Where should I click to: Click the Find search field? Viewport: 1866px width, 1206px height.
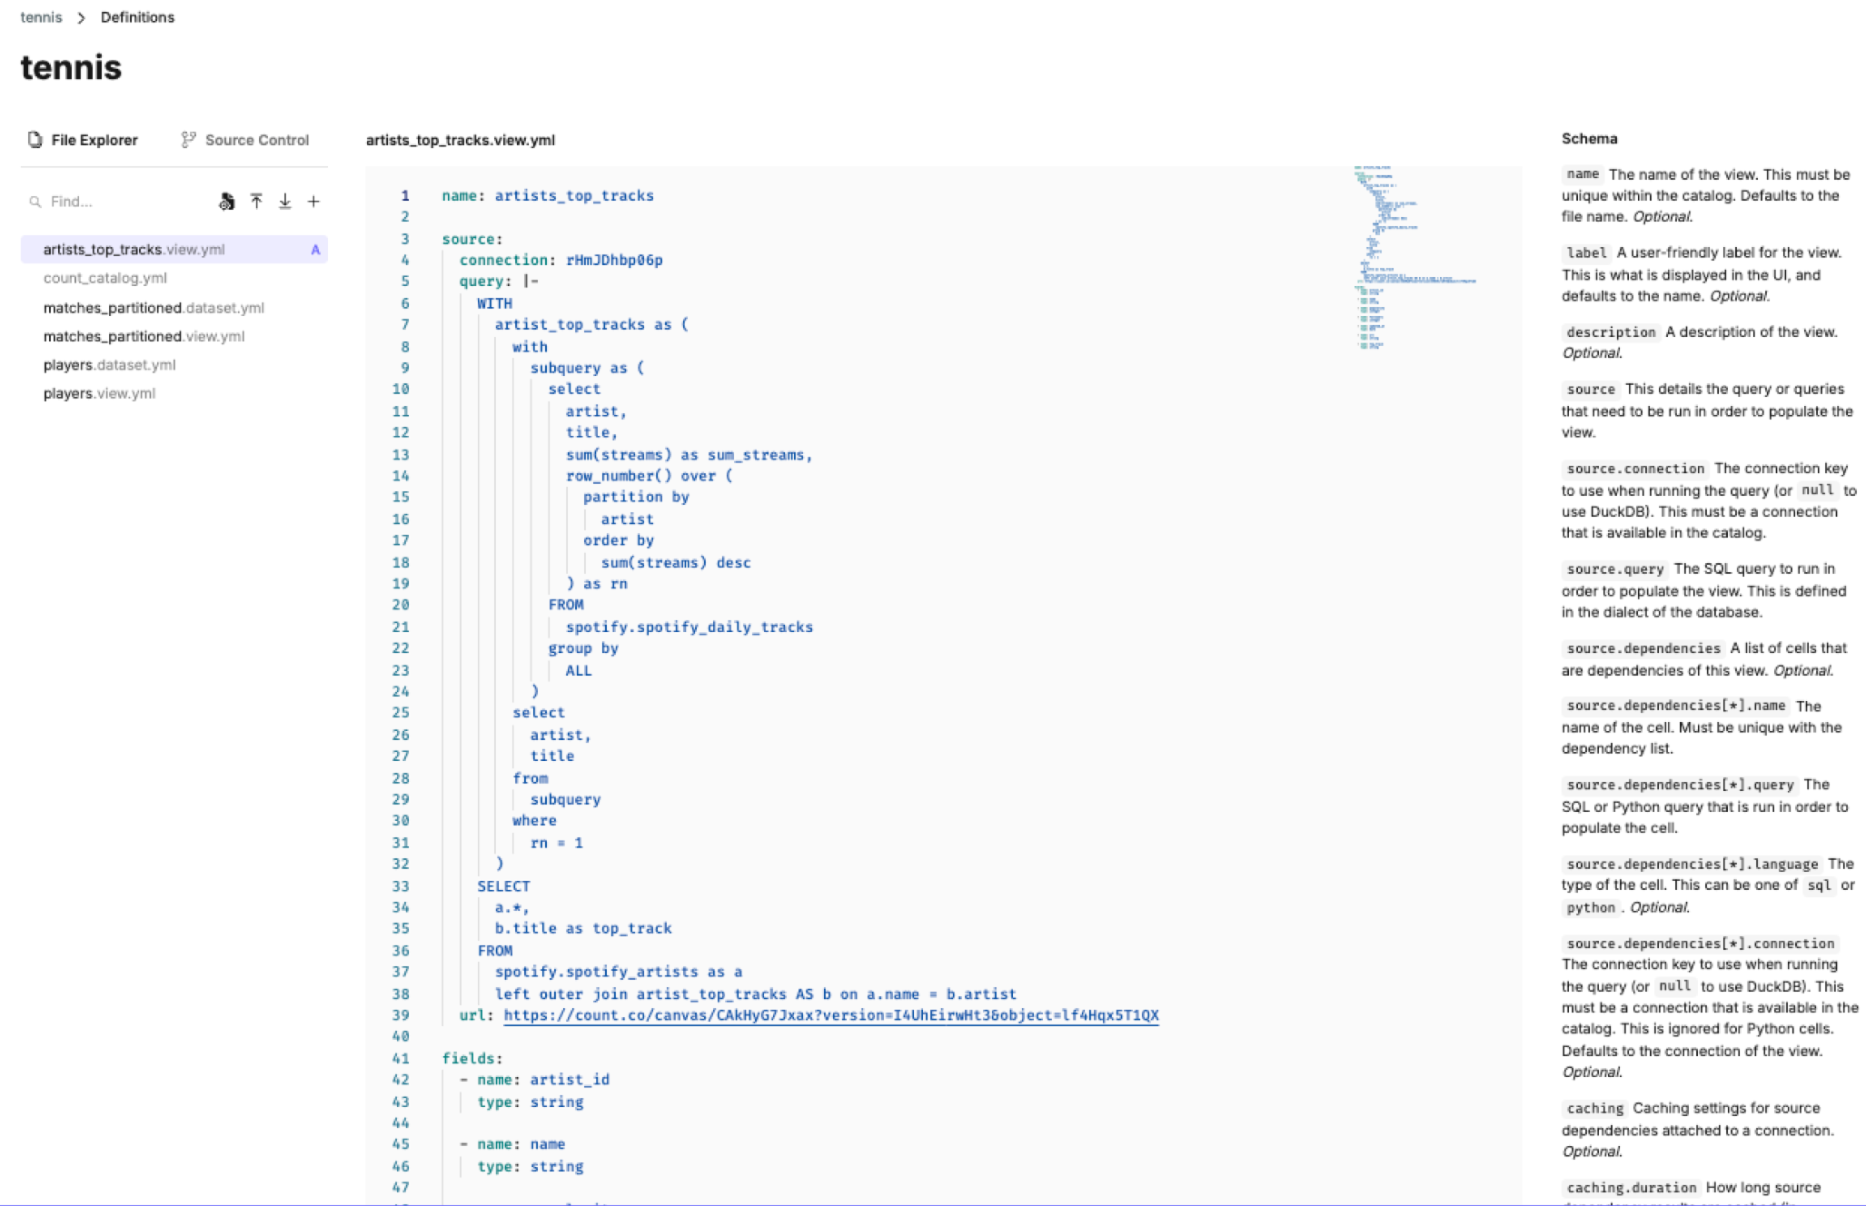tap(118, 202)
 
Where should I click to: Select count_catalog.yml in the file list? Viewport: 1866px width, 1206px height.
tap(104, 278)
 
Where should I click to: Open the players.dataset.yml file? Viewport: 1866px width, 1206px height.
tap(109, 365)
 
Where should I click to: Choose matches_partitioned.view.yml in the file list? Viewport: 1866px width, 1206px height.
tap(144, 336)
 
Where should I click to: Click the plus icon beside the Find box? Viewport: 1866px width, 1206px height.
tap(313, 202)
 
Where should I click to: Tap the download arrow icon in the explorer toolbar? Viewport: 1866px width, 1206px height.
tap(285, 202)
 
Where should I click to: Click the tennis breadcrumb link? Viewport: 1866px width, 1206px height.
tap(41, 17)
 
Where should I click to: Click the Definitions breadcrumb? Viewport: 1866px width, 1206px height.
tap(137, 17)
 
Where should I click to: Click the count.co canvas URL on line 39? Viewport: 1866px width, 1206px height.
tap(830, 1015)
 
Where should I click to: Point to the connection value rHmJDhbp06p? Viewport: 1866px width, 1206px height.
tap(614, 261)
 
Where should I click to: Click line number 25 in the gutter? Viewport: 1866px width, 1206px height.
tap(401, 713)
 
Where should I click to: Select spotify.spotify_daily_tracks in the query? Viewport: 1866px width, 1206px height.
tap(689, 627)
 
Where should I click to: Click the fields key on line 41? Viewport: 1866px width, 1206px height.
tap(468, 1058)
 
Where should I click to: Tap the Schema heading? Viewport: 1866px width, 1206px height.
tap(1589, 139)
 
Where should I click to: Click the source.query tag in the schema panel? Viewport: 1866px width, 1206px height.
tap(1614, 569)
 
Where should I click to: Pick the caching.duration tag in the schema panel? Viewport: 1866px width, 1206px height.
tap(1631, 1188)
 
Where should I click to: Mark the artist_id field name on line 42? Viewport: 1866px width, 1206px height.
tap(570, 1080)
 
